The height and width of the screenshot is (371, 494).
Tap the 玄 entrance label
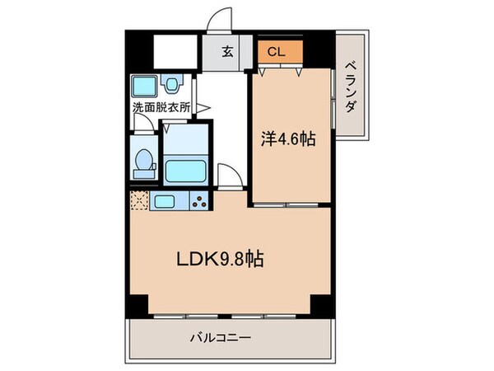pos(226,51)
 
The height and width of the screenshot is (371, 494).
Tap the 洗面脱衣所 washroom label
pos(161,107)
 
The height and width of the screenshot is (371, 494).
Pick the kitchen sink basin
pos(162,201)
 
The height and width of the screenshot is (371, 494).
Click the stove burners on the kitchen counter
pos(198,200)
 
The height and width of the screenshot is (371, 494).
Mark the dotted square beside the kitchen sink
pos(137,200)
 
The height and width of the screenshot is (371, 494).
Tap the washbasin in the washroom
pos(171,83)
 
